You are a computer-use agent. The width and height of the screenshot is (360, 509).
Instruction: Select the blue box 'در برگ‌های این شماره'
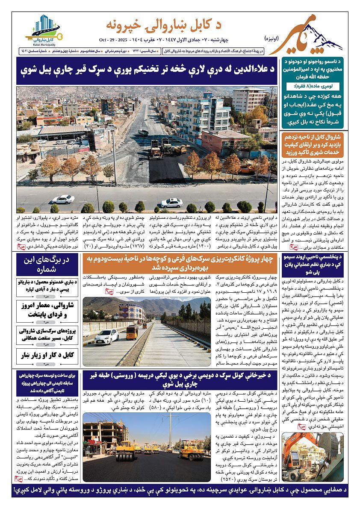coord(47,265)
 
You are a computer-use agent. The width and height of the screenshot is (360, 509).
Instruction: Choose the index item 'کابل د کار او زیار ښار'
coord(47,355)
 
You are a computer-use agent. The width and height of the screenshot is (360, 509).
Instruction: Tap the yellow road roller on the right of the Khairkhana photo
coord(192,451)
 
